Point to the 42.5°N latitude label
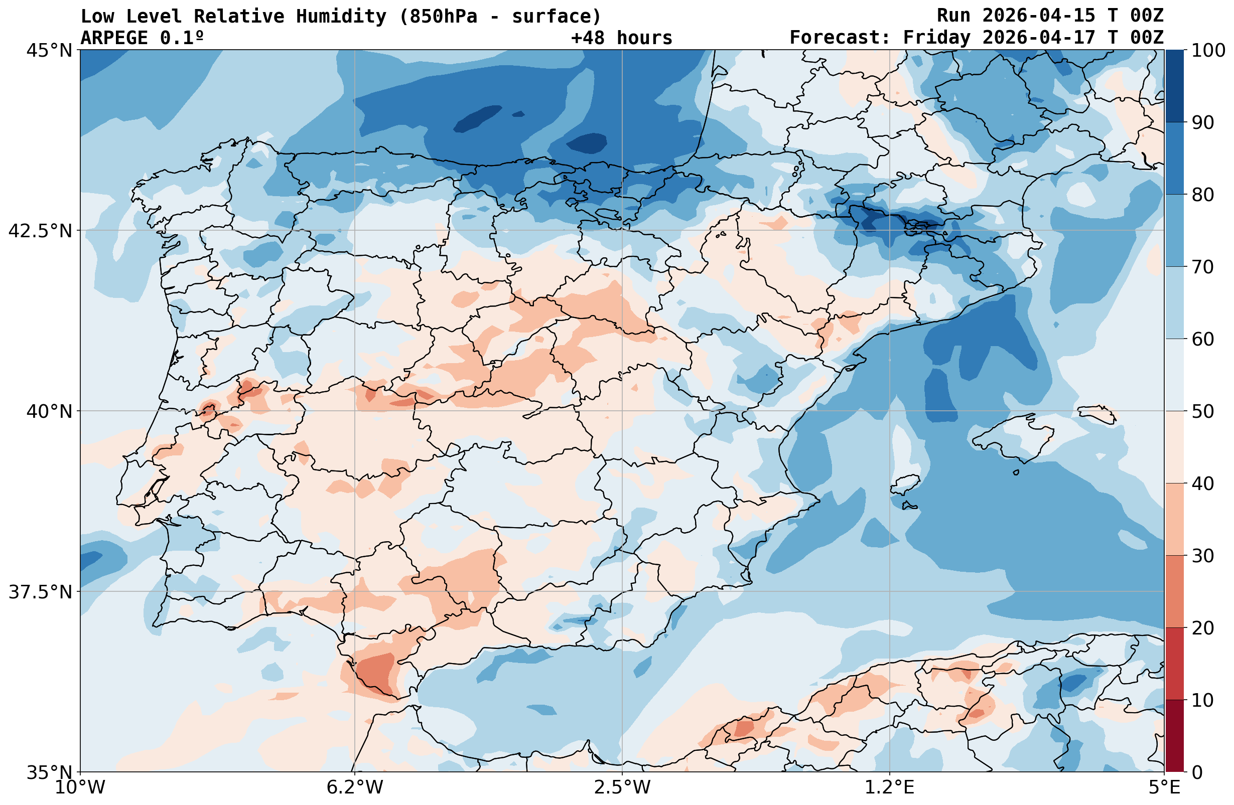40,231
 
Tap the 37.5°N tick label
40,591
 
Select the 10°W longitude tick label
80,787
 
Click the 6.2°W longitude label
355,787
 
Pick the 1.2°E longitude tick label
889,787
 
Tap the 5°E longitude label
1165,787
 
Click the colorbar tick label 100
1207,50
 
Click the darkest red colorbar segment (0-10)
1174,736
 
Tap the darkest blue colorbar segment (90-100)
1174,86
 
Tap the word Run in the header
953,16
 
